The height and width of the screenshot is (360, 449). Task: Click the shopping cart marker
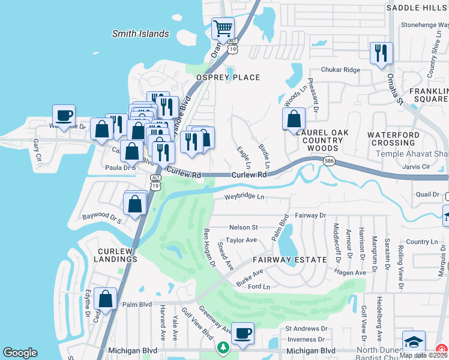click(223, 28)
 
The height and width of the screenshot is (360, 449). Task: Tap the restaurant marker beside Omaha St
click(381, 53)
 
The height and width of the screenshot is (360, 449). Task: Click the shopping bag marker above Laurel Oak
click(294, 118)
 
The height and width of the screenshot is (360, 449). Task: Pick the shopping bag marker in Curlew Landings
click(106, 299)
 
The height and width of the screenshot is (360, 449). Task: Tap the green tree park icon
click(223, 348)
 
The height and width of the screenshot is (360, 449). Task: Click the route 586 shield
click(328, 161)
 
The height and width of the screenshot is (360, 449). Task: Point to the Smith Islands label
click(140, 34)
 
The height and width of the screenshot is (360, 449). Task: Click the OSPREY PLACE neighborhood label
click(228, 77)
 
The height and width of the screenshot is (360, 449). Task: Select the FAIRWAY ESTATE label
click(289, 260)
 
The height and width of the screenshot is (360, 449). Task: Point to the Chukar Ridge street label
click(340, 70)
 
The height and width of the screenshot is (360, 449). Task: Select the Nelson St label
click(243, 227)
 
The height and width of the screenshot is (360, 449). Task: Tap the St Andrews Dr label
click(306, 329)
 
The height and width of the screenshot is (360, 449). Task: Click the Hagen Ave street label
click(349, 272)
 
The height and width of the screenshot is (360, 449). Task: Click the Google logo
click(20, 353)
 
